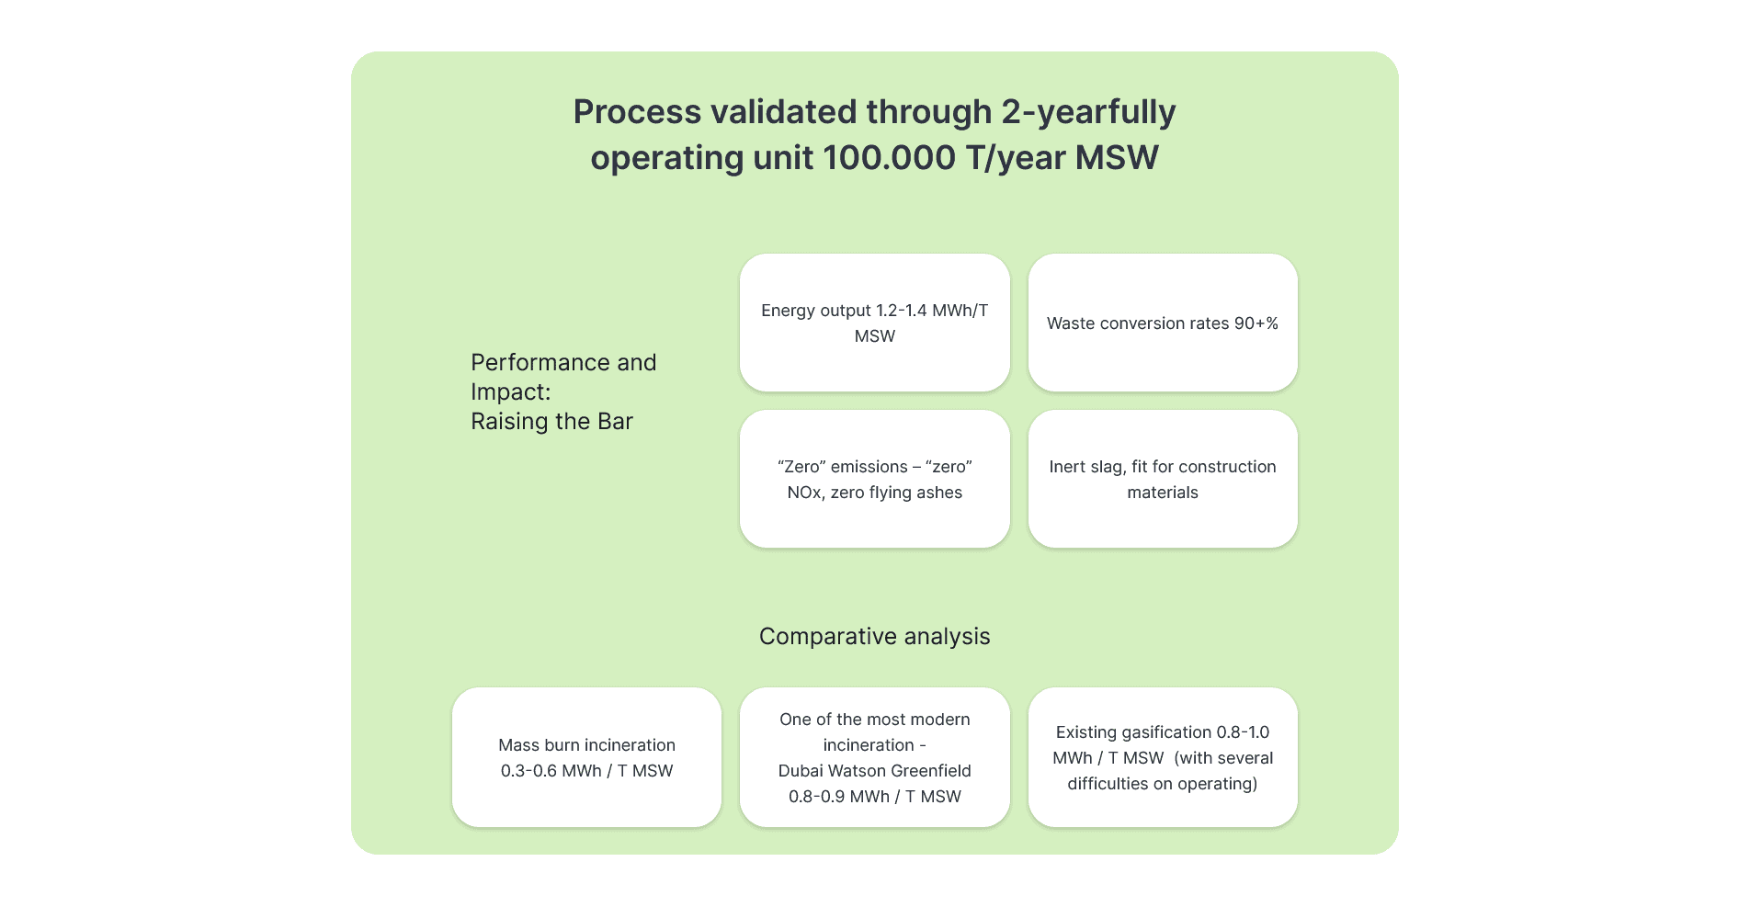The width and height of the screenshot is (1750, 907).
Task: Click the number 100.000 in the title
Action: click(x=890, y=158)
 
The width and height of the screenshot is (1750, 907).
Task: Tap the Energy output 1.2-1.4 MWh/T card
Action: click(x=874, y=323)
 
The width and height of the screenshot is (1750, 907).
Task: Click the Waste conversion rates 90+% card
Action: click(x=1162, y=323)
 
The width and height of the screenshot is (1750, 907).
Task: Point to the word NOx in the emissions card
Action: click(x=804, y=493)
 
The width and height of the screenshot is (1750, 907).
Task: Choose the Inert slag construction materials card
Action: click(x=1162, y=479)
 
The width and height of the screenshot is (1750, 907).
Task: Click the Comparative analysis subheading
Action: click(x=874, y=636)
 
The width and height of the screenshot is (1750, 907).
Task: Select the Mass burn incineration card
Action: click(x=586, y=757)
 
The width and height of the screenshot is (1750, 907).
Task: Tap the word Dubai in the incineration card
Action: click(x=801, y=771)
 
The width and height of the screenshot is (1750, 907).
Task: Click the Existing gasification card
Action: click(x=1162, y=757)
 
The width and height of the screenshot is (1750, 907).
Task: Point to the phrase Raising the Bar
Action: click(x=551, y=422)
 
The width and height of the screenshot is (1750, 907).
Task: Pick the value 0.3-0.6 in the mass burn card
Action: click(x=528, y=771)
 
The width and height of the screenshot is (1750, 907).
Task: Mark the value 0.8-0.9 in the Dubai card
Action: click(x=816, y=797)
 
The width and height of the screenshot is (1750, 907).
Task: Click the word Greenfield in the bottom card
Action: click(x=930, y=771)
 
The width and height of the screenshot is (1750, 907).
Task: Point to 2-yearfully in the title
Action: click(x=1088, y=112)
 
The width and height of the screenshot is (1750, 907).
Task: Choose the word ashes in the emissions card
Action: click(x=938, y=493)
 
